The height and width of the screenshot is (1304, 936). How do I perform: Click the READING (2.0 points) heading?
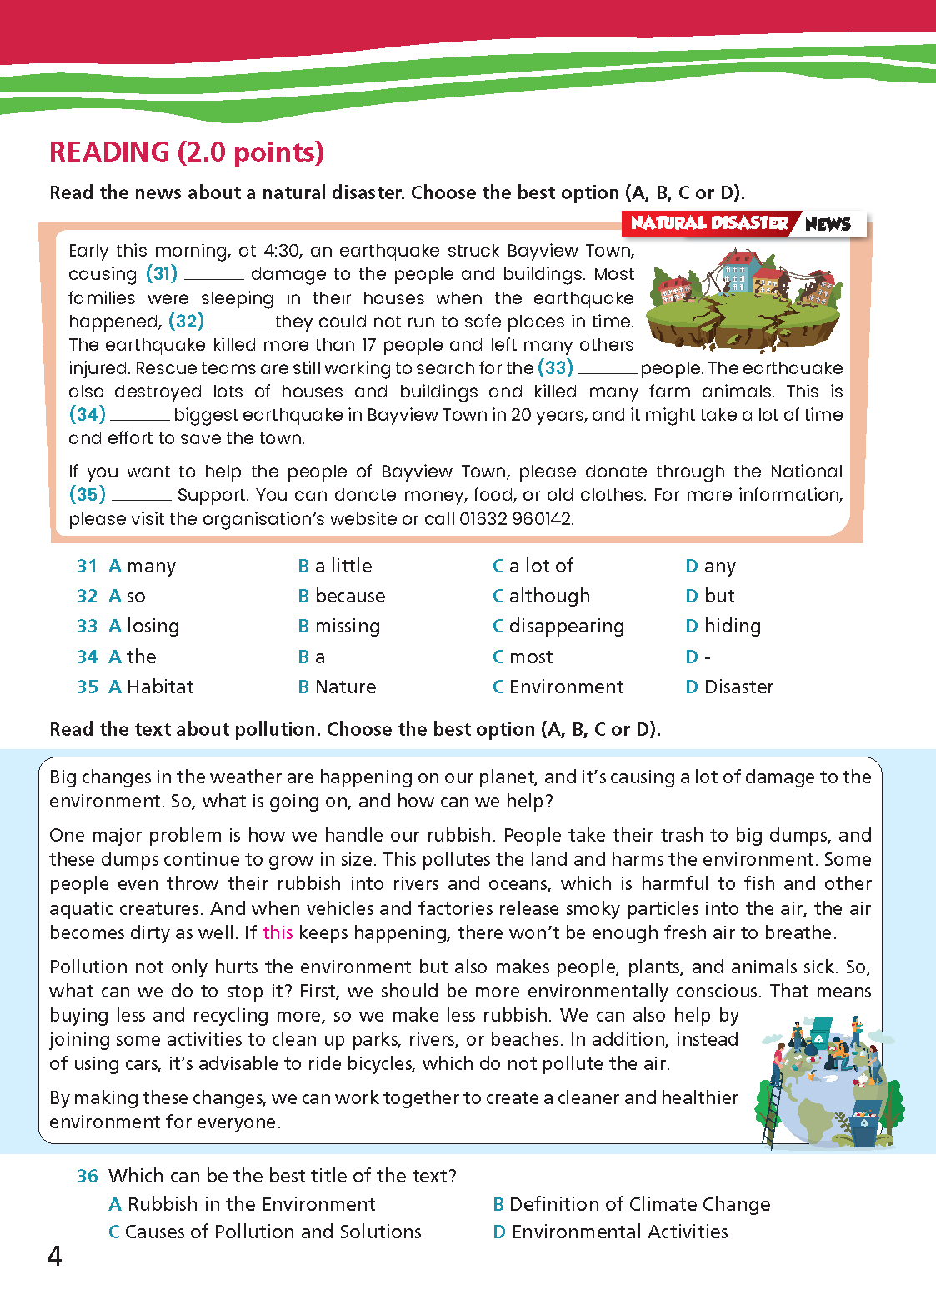pos(187,152)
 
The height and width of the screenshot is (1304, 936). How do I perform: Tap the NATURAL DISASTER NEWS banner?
pos(744,223)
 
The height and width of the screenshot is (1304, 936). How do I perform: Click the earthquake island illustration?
pos(744,305)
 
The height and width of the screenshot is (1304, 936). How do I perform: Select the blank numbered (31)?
pos(213,276)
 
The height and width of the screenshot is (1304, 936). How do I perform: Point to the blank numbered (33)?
pos(607,369)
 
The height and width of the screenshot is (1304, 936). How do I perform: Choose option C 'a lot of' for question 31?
pos(533,567)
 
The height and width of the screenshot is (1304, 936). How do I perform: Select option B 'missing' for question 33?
pos(339,627)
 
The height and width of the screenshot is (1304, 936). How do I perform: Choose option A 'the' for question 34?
pos(133,657)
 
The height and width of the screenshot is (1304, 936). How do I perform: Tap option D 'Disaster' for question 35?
pos(729,687)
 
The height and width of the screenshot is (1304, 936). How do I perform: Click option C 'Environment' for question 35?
pos(558,687)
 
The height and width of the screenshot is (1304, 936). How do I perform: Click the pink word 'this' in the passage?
pos(278,933)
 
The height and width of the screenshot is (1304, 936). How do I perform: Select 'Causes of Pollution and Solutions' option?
pos(265,1232)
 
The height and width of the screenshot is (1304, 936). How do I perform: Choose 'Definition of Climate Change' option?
pos(631,1205)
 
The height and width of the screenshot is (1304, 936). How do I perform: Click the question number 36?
pos(88,1177)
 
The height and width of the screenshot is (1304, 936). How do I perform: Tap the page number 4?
pos(55,1257)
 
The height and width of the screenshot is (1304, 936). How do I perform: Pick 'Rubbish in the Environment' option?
pos(242,1205)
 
